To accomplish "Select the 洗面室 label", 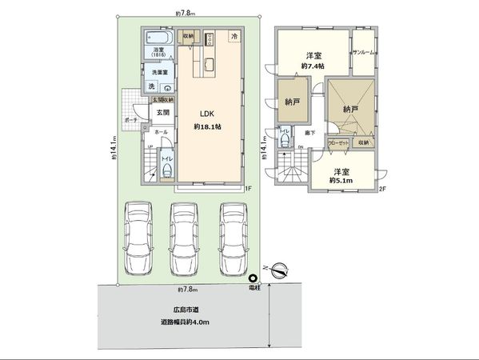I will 161,72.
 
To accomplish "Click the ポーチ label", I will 130,121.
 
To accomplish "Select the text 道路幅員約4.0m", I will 184,322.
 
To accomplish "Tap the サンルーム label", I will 365,52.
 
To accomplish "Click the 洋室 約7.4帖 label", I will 313,60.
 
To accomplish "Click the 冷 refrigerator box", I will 234,37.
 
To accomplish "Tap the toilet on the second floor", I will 285,140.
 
